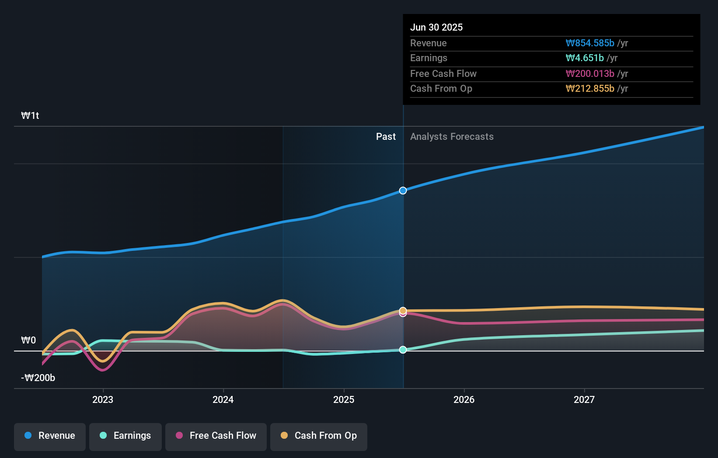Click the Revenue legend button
pos(50,436)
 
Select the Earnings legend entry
pos(125,436)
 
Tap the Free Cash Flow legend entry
pos(216,436)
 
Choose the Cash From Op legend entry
pos(319,436)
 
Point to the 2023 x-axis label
pos(103,399)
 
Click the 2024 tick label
pos(223,399)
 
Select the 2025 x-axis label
pos(344,399)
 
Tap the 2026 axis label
pos(464,399)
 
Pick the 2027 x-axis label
pos(584,399)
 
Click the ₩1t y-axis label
pos(30,115)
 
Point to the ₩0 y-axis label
pos(28,340)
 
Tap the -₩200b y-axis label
pos(38,378)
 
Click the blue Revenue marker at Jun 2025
pos(403,191)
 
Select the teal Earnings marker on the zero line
pos(403,350)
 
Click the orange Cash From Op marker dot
pos(403,310)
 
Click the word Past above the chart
pos(386,137)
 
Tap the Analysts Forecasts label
pos(452,137)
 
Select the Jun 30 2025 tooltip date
pos(436,27)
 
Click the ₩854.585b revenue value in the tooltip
pos(590,43)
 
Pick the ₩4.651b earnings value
pos(585,58)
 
